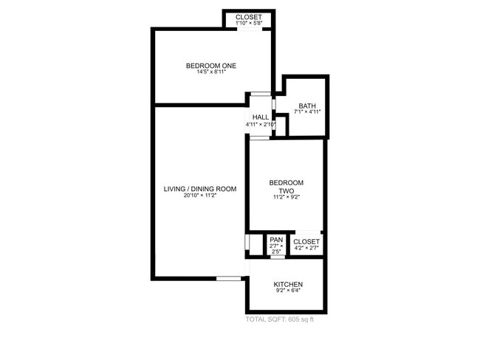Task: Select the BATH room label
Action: (307, 105)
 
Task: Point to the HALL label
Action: (261, 117)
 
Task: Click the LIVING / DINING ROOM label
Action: (200, 189)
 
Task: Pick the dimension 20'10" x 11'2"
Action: (200, 196)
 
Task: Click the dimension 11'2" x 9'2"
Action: (286, 198)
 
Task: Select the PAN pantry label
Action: (276, 240)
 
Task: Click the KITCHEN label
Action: (288, 285)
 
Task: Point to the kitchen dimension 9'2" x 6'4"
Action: (288, 291)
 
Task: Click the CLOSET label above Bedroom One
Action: (249, 17)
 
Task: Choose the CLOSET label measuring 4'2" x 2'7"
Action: (306, 242)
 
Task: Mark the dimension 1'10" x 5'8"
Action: (249, 24)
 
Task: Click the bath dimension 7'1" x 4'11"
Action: (307, 112)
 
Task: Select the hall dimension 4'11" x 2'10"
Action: (261, 125)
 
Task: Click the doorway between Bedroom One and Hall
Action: (260, 94)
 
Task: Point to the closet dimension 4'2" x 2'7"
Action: (306, 249)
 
